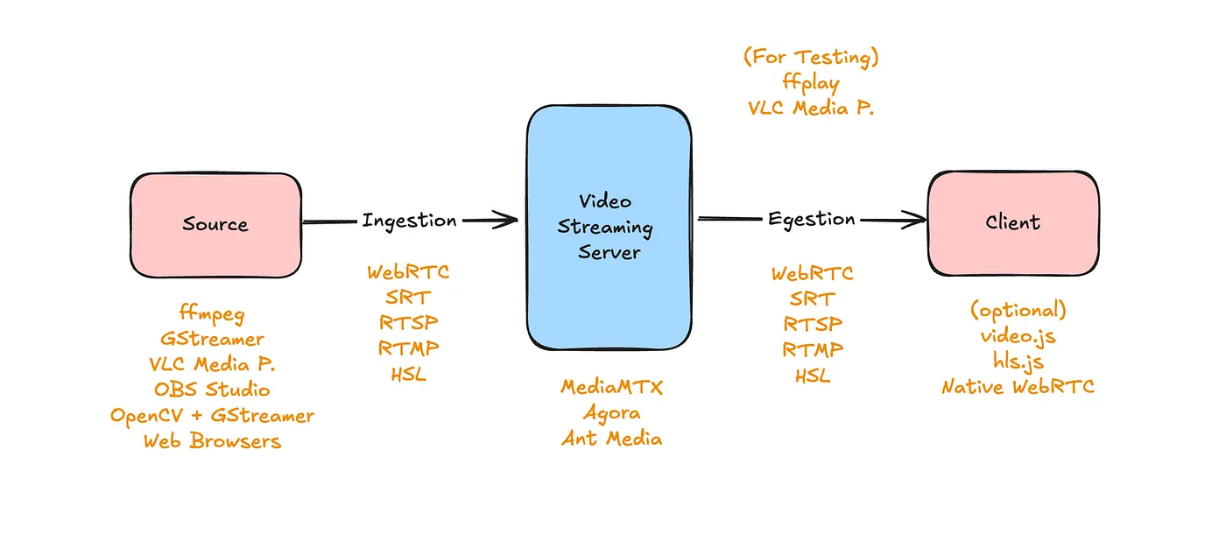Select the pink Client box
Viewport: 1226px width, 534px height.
click(x=1013, y=222)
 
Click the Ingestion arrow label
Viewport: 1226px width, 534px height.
click(x=409, y=221)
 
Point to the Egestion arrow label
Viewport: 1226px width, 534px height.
click(x=811, y=219)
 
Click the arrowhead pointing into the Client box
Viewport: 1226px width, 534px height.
click(x=918, y=220)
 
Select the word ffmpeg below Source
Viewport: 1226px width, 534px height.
click(x=212, y=313)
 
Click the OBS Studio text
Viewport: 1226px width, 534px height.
click(x=212, y=389)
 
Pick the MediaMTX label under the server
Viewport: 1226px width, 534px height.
click(x=611, y=387)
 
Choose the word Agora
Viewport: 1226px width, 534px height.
click(x=611, y=412)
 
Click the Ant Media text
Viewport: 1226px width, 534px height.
click(x=611, y=438)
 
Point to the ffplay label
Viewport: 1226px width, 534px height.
click(x=810, y=83)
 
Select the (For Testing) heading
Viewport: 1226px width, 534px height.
click(x=810, y=58)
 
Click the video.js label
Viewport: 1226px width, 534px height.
click(x=1018, y=335)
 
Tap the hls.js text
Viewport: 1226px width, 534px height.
click(x=1018, y=361)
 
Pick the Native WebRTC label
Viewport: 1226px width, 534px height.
click(x=1018, y=386)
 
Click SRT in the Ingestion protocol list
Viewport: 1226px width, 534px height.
click(x=408, y=298)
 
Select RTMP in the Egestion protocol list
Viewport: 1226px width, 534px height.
click(x=813, y=350)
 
